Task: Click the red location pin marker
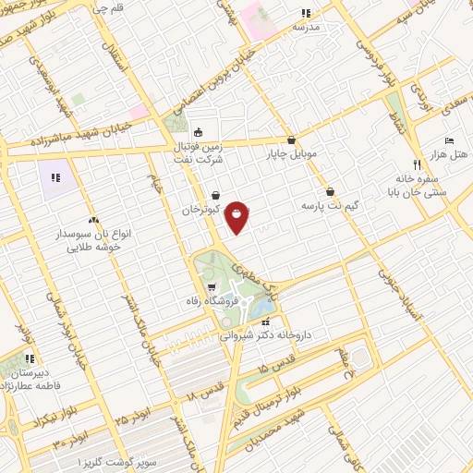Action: click(237, 216)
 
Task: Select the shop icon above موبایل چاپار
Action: click(291, 139)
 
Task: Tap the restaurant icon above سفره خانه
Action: click(417, 164)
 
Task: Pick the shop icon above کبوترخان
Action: click(215, 195)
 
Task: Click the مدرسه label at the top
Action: click(306, 27)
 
